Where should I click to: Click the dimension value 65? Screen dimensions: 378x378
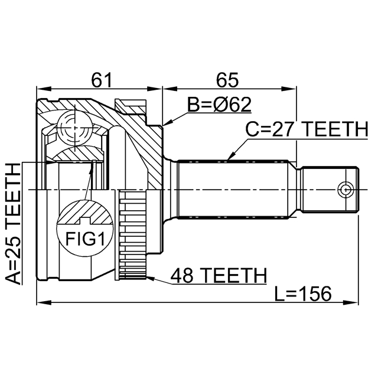pyautogui.click(x=227, y=78)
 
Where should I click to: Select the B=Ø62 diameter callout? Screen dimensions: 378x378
pyautogui.click(x=219, y=105)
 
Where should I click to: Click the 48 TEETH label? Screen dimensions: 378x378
pyautogui.click(x=218, y=275)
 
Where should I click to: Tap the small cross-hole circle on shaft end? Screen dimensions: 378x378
pyautogui.click(x=345, y=189)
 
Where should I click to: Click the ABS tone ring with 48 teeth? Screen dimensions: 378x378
pyautogui.click(x=132, y=236)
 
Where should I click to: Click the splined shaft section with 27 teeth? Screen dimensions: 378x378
pyautogui.click(x=236, y=189)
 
